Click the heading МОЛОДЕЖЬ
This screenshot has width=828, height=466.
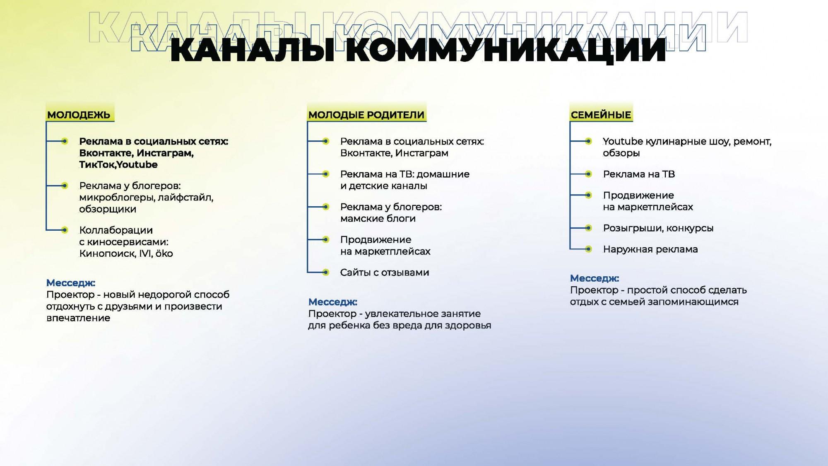79,115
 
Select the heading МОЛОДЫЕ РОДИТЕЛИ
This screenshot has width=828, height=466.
366,115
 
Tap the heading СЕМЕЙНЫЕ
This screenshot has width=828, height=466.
601,115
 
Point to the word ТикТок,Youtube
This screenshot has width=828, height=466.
118,164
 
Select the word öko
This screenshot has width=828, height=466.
164,253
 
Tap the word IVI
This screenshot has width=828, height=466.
146,254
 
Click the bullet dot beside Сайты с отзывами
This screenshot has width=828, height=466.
326,272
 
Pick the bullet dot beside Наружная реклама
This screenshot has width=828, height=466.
588,249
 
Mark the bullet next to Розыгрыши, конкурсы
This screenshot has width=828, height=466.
588,228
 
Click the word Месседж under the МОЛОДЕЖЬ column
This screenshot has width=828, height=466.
71,283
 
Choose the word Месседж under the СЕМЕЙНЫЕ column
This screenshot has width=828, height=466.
595,278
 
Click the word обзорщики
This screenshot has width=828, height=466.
108,209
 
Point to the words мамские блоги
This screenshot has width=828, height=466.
378,219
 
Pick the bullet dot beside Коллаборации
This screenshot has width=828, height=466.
65,230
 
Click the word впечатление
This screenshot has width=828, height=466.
78,318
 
